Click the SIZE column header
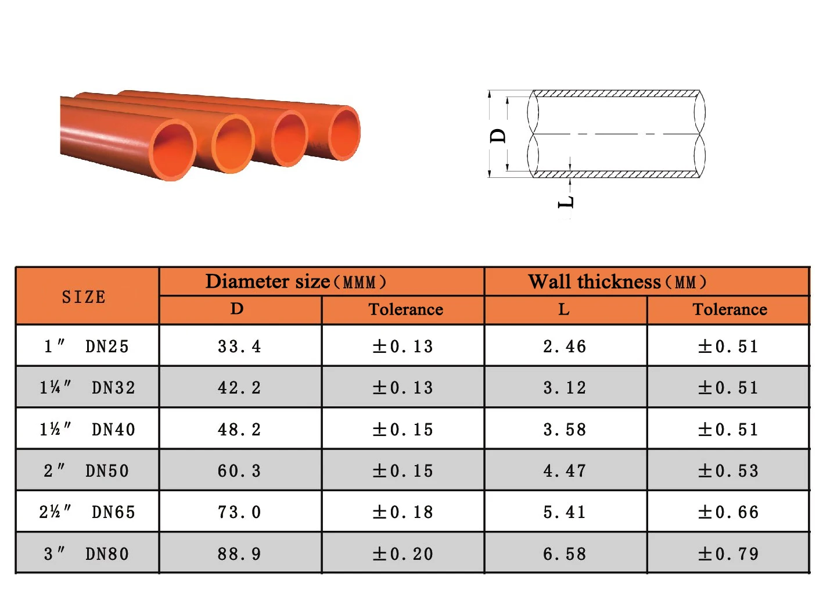click(x=84, y=297)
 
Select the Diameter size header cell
click(x=296, y=282)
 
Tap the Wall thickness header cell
click(x=617, y=282)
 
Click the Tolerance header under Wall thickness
click(x=729, y=310)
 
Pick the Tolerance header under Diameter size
click(x=405, y=310)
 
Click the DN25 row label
click(x=87, y=346)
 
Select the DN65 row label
click(x=87, y=512)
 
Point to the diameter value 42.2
click(x=239, y=388)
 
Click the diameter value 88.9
click(x=239, y=554)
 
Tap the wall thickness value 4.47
click(x=565, y=471)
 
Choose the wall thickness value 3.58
click(x=565, y=430)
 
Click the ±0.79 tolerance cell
click(x=728, y=554)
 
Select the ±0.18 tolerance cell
click(x=403, y=512)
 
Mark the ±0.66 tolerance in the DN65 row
click(x=728, y=512)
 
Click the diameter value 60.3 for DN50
click(x=239, y=471)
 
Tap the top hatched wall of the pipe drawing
click(x=616, y=94)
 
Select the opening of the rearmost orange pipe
click(x=344, y=133)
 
